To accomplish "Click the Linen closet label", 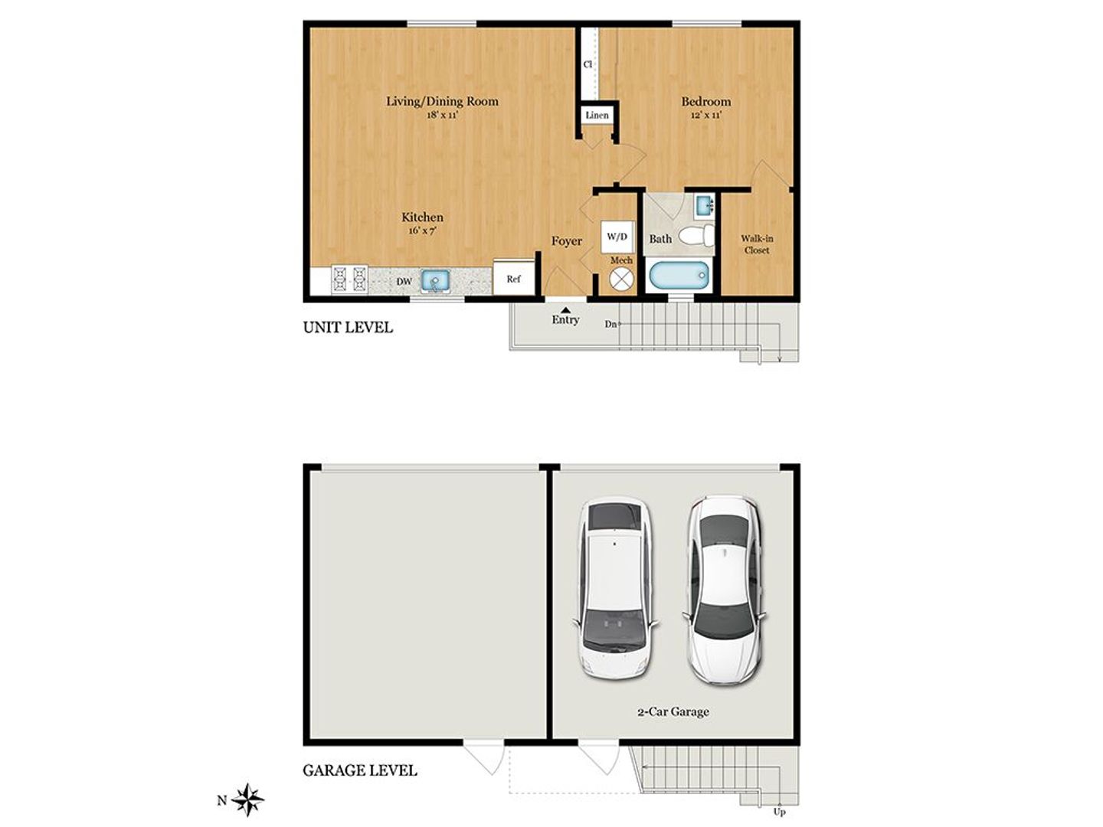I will [x=597, y=116].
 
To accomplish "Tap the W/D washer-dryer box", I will [x=617, y=237].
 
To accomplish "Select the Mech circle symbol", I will [x=621, y=279].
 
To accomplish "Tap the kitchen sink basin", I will [x=435, y=280].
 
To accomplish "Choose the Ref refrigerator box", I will [x=513, y=279].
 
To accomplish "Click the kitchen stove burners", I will [x=349, y=280].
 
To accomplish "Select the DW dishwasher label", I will [x=404, y=282].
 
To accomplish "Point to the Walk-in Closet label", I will [x=757, y=244].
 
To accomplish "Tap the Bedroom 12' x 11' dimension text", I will [x=705, y=116].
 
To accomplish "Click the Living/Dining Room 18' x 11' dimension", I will [x=442, y=116].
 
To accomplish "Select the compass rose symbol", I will [x=248, y=800].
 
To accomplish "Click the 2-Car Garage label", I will [x=673, y=711].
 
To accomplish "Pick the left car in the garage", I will [x=616, y=587].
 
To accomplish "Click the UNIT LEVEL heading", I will [x=348, y=328].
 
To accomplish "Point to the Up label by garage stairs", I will [x=780, y=812].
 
